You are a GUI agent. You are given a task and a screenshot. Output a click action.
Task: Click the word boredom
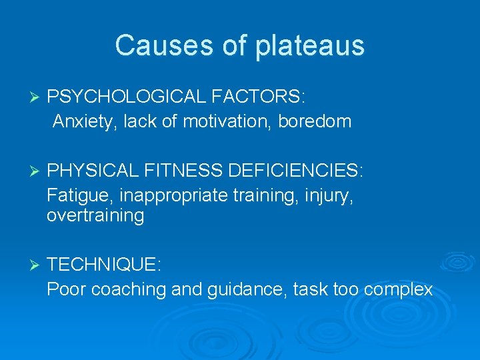click(x=315, y=122)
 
